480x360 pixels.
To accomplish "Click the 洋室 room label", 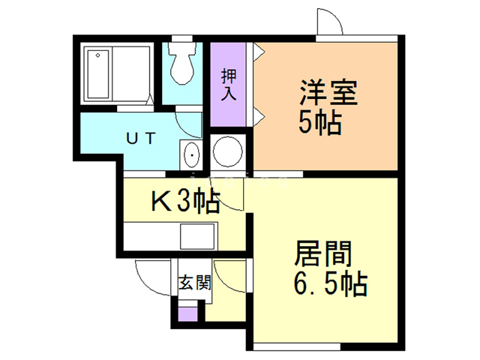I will tap(327, 94).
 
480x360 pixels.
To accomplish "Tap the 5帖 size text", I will tap(320, 122).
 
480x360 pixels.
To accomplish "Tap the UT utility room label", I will tap(140, 138).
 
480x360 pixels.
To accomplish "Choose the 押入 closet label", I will tap(228, 85).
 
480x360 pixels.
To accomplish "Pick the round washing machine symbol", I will tap(227, 152).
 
